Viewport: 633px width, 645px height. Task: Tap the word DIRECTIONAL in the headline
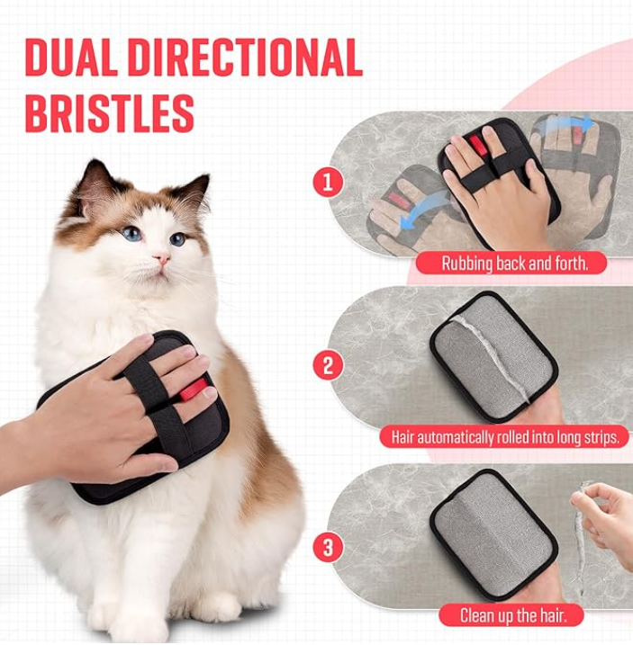[x=242, y=58]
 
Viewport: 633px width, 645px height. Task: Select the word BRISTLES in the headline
[x=109, y=113]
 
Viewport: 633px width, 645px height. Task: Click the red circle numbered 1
[x=328, y=183]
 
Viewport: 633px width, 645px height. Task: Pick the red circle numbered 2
[x=328, y=366]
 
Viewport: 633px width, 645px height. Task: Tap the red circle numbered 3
[x=328, y=547]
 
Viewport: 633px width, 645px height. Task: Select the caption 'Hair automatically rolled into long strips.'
[x=504, y=438]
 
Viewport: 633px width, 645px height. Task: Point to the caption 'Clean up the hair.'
[x=509, y=615]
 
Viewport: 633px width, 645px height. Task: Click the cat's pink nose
[x=162, y=259]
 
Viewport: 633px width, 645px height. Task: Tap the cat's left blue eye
[x=132, y=234]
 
